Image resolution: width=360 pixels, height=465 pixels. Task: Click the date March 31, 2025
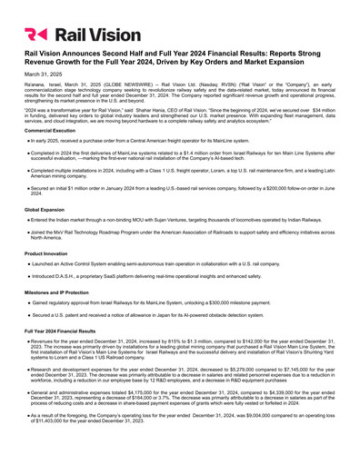[41, 74]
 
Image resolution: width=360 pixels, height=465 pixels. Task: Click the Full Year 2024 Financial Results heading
[65, 332]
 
